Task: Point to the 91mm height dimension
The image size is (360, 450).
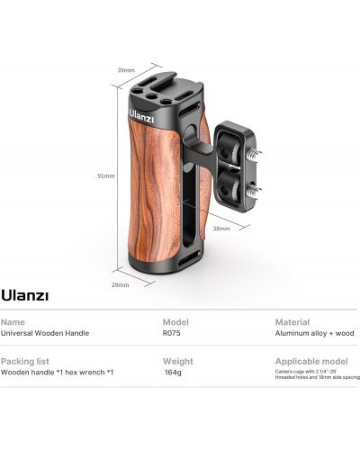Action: click(x=107, y=175)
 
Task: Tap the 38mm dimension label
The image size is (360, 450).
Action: click(x=220, y=229)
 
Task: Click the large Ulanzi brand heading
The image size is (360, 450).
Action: click(x=24, y=294)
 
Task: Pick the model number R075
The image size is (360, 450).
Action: click(x=172, y=333)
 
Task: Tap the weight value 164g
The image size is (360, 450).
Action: click(x=174, y=373)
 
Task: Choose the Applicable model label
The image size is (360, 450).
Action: click(x=305, y=361)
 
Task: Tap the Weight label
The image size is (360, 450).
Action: click(x=176, y=361)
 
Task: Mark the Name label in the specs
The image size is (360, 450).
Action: click(x=13, y=321)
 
